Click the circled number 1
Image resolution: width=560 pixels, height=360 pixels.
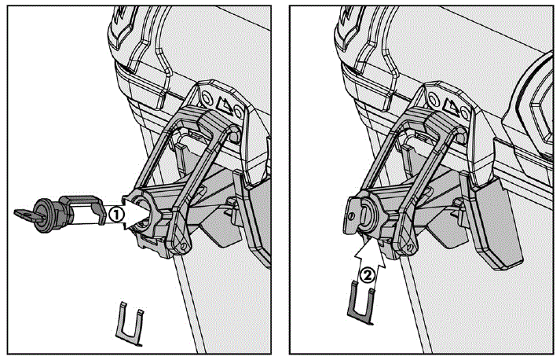click(115, 214)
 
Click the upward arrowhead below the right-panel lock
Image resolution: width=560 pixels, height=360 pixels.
click(368, 248)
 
